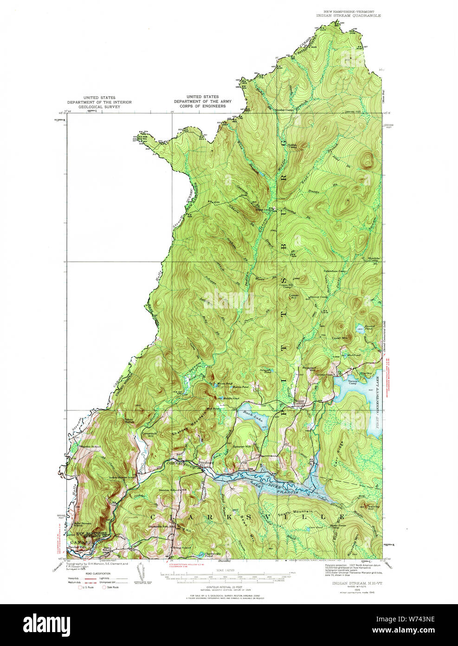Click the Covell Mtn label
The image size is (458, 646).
coord(339,338)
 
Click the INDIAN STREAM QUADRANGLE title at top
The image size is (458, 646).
coord(348,15)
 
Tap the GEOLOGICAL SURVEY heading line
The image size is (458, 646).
coord(99,106)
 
